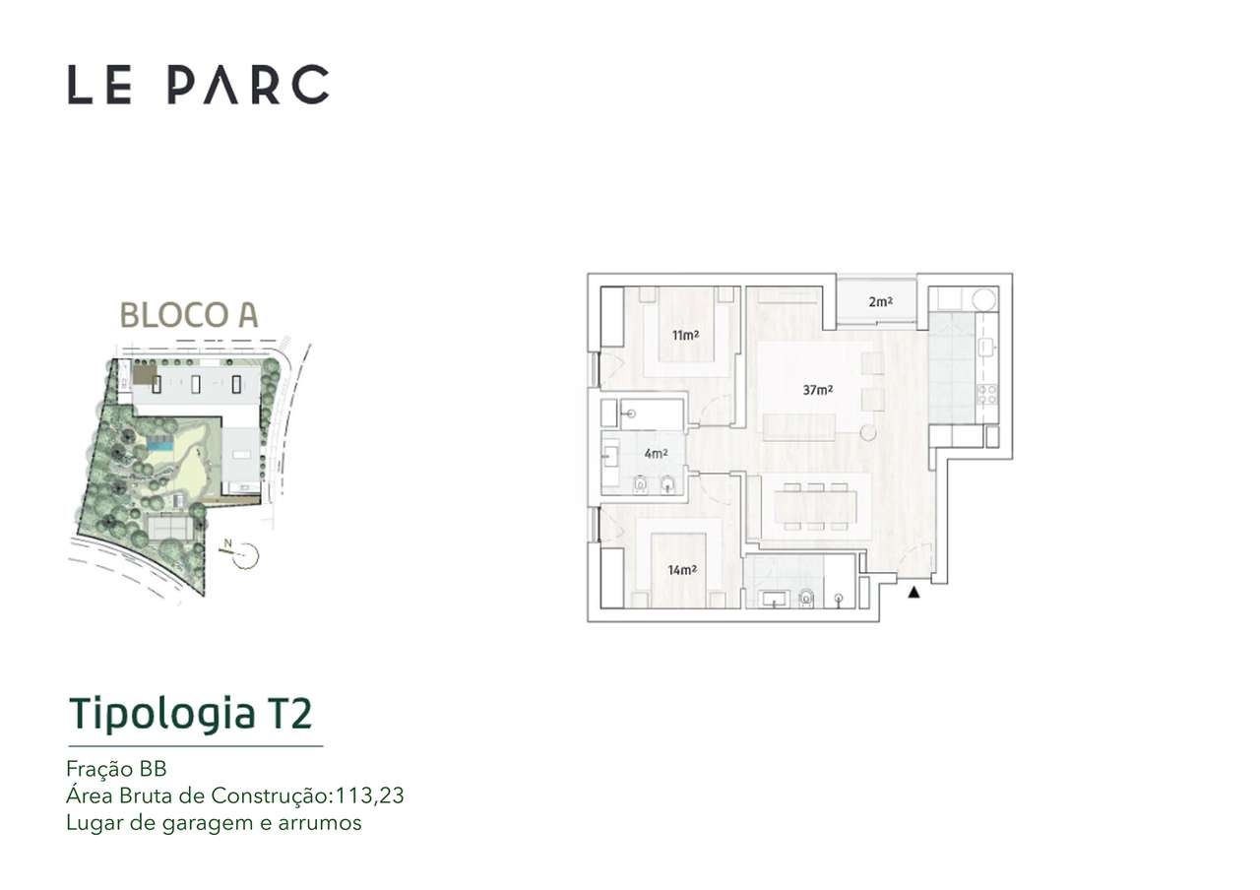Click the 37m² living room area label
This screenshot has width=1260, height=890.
click(818, 390)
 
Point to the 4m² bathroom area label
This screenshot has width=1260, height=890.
click(656, 454)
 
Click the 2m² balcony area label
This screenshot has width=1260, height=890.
click(880, 302)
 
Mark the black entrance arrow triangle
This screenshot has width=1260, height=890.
click(913, 592)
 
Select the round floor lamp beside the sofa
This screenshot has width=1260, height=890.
click(867, 432)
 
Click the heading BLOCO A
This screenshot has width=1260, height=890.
click(188, 314)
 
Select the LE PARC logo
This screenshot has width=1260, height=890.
click(198, 85)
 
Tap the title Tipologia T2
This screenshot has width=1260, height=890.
click(190, 714)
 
